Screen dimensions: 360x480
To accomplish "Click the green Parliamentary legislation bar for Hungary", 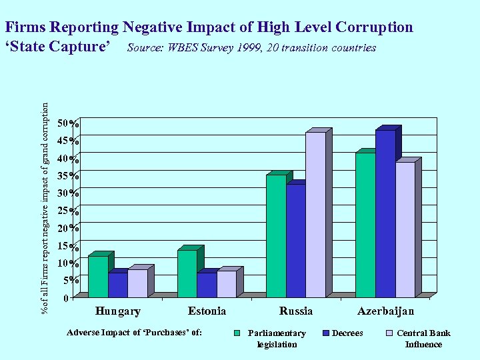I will [x=97, y=276].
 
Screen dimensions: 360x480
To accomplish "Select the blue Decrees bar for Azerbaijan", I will [x=385, y=213].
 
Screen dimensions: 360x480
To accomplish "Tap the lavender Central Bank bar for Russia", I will [x=315, y=214].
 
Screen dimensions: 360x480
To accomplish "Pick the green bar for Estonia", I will [x=187, y=273].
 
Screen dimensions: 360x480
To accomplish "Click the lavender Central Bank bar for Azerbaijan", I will [x=405, y=229].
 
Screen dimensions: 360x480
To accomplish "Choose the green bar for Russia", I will [x=276, y=235].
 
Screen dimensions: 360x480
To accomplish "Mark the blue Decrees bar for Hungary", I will [x=117, y=285].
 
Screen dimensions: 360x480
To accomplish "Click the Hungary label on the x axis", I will [x=118, y=311].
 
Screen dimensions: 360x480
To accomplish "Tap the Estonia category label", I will [x=207, y=311].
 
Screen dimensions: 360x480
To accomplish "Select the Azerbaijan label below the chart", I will [x=385, y=311].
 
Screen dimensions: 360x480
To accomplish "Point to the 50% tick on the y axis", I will [x=68, y=124].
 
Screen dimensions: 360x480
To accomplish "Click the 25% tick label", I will [x=68, y=211].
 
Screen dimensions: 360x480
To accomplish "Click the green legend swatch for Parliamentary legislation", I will [x=237, y=333].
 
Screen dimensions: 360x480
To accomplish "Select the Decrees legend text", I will [x=347, y=333].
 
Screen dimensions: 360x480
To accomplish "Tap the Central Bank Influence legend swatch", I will [x=389, y=333].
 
